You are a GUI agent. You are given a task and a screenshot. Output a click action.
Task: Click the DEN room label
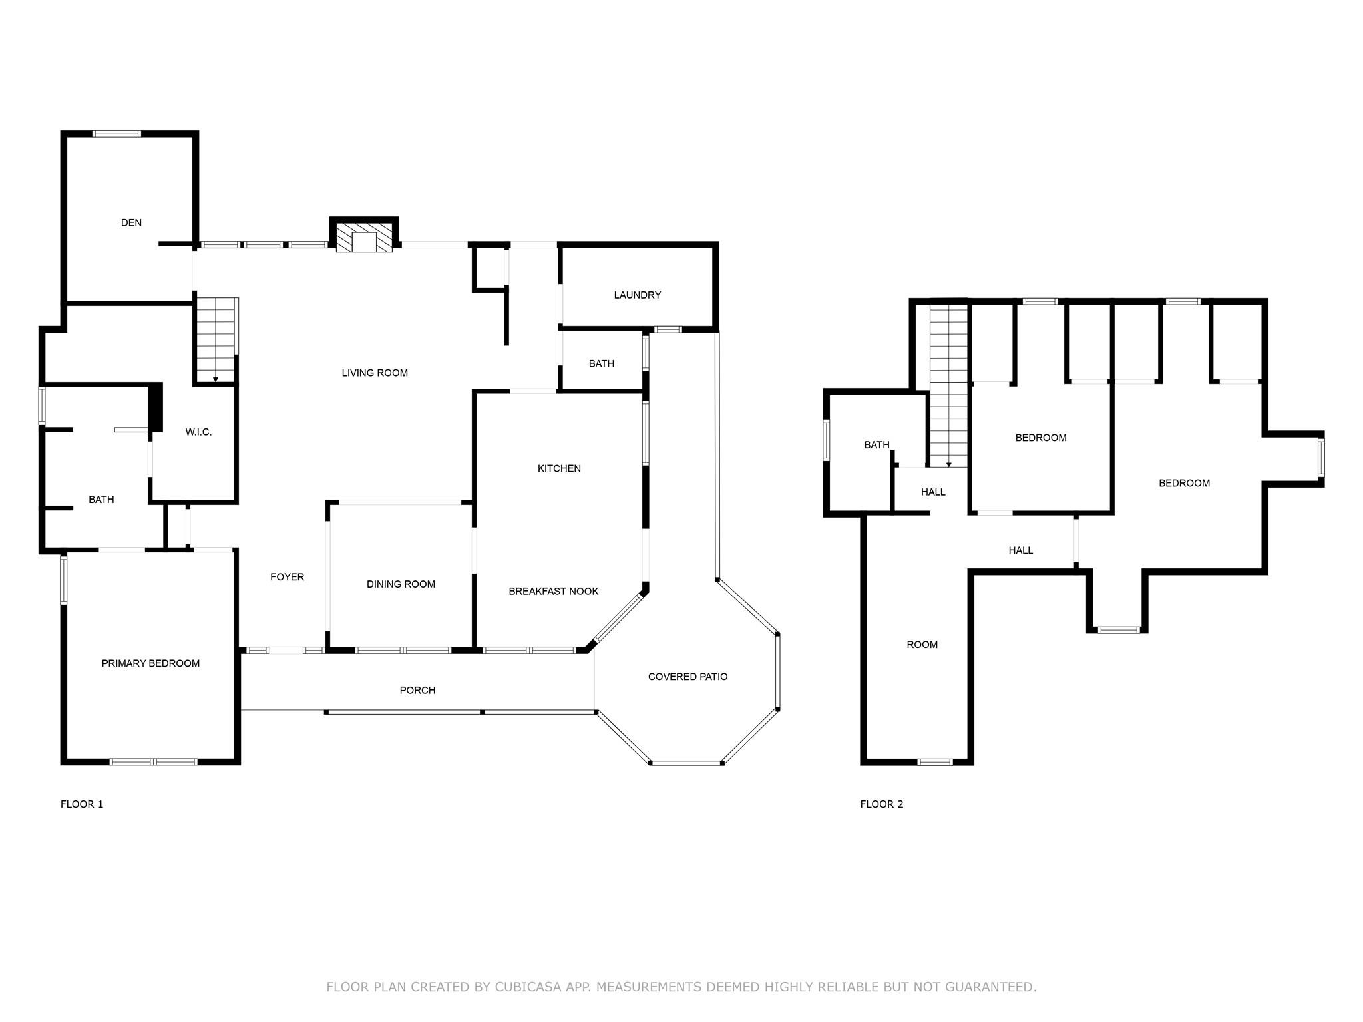point(131,223)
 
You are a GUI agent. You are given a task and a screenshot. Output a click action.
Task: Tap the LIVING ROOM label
point(375,373)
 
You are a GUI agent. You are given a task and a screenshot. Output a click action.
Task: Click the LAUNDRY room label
point(637,295)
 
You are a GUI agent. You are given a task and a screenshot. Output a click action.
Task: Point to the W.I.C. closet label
point(198,432)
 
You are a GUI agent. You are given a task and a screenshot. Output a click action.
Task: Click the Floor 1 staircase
point(216,339)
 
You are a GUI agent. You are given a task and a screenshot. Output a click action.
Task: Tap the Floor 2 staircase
point(948,386)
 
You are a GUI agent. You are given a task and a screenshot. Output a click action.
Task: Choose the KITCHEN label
point(559,469)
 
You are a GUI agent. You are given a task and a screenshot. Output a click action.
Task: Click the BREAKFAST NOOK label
point(553,592)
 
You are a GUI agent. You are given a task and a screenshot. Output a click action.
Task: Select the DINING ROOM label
point(401,584)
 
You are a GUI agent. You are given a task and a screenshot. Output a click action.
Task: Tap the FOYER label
point(287,577)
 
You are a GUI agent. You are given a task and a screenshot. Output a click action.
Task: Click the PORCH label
point(417,691)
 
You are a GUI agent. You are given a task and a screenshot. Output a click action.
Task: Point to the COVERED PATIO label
point(687,677)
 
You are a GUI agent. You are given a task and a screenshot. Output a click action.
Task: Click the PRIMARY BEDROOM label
point(150,663)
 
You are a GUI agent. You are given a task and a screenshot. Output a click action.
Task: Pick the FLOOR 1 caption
point(82,804)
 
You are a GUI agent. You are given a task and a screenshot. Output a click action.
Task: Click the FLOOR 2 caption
point(881,804)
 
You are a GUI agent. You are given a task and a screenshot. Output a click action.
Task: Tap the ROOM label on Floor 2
point(922,645)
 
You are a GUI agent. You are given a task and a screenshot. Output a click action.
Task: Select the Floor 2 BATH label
point(876,445)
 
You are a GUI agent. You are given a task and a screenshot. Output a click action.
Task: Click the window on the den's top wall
point(116,134)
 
